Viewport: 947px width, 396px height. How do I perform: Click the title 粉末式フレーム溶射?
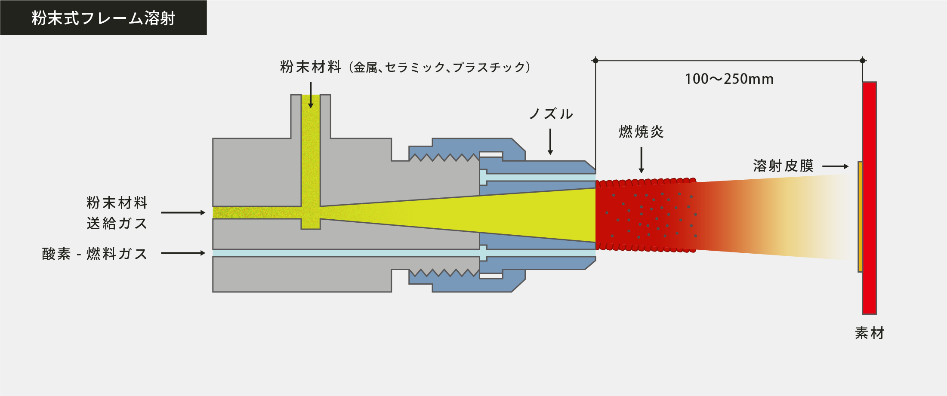(x=103, y=18)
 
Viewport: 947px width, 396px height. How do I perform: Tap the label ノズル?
(x=551, y=114)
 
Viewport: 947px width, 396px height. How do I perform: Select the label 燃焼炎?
(x=641, y=132)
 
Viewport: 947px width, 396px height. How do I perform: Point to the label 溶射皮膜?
(x=783, y=166)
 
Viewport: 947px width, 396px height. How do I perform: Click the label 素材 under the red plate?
(x=869, y=333)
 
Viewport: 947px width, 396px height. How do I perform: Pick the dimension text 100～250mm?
(x=729, y=79)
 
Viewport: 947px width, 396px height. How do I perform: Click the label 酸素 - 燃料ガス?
(x=95, y=254)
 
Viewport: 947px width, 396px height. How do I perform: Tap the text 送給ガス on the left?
(x=117, y=224)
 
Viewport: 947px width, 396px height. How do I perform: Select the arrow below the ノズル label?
(x=550, y=141)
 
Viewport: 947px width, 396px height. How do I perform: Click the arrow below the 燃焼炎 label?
(x=641, y=160)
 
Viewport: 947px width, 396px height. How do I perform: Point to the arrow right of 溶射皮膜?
(x=835, y=166)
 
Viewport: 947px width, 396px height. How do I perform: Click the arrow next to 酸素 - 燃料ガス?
(x=183, y=253)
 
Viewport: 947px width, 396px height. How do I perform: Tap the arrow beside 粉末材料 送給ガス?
(x=183, y=212)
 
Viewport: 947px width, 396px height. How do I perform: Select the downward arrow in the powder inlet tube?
(x=311, y=95)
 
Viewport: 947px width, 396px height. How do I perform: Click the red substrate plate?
(x=869, y=198)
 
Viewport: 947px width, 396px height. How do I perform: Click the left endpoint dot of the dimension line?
(x=595, y=61)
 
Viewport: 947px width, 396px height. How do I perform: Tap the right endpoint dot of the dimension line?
(x=863, y=61)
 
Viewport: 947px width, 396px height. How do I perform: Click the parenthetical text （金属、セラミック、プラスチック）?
(x=440, y=68)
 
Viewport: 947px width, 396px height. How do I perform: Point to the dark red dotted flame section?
(x=645, y=215)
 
